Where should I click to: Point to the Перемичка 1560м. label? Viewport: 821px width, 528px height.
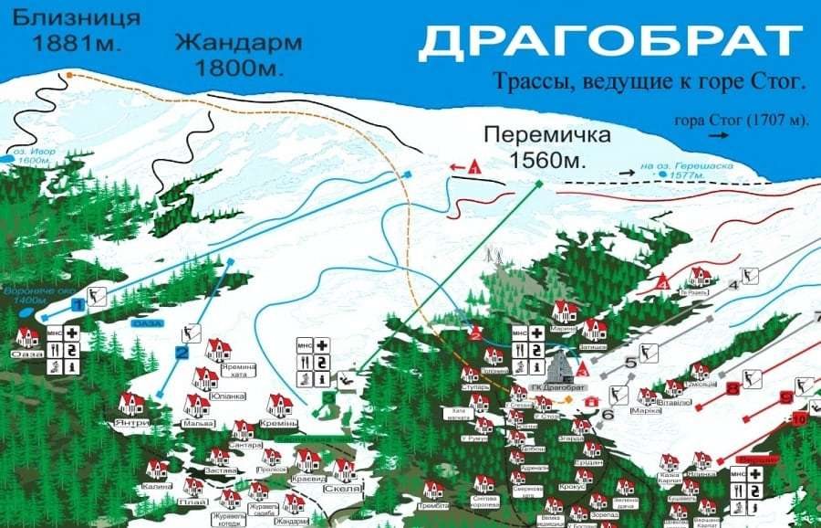tap(547, 146)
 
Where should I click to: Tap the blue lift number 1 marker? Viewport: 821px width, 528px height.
tap(78, 302)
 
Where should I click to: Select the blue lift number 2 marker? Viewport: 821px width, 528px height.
tap(182, 353)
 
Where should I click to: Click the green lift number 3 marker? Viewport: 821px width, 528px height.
tap(327, 398)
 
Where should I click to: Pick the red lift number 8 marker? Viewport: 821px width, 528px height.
tap(733, 389)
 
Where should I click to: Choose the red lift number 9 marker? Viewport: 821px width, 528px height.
tap(786, 397)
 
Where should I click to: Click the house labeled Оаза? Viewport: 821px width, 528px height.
tap(27, 338)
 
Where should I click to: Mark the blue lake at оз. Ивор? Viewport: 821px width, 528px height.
tap(7, 159)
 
